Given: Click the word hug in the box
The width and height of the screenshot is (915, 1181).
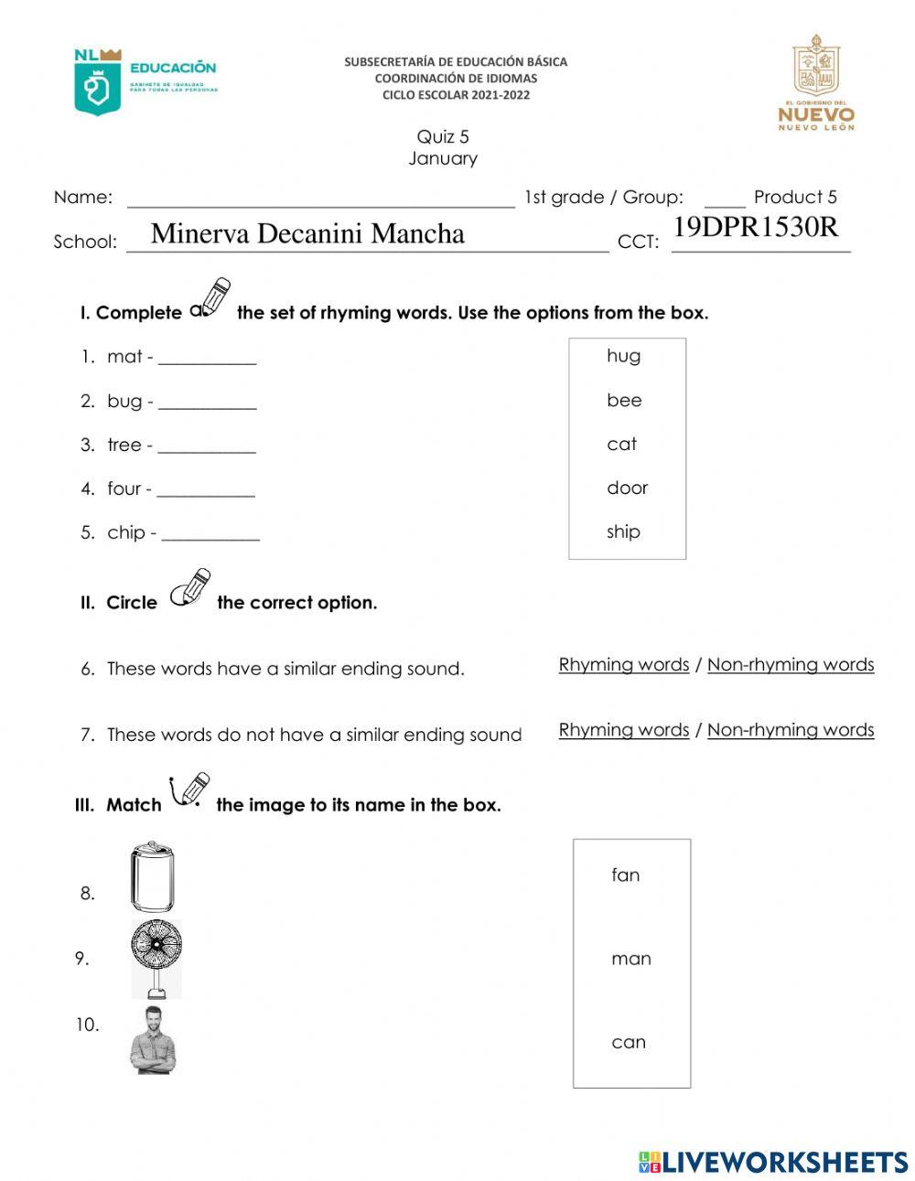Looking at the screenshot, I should click(x=623, y=356).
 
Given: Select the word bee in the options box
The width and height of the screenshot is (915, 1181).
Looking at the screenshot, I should click(x=624, y=400).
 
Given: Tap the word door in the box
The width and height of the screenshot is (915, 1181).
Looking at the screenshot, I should click(x=627, y=488).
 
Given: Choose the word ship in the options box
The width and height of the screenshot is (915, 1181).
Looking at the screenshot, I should click(x=623, y=531).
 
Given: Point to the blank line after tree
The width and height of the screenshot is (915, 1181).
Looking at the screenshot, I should click(x=207, y=446).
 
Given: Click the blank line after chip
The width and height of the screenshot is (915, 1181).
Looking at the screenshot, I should click(x=210, y=533).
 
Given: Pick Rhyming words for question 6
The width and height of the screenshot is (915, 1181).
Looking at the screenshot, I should click(x=623, y=665).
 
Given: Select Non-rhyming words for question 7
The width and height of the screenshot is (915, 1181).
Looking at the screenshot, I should click(x=790, y=730).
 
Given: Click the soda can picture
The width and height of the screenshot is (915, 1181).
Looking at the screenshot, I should click(x=151, y=877).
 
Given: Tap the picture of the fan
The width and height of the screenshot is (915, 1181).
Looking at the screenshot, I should click(x=156, y=958).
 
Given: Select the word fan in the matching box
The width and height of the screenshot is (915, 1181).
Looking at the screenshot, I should click(x=626, y=875).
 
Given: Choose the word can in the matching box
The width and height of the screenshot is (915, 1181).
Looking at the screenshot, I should click(x=629, y=1042).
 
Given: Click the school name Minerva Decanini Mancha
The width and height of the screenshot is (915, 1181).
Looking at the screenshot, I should click(x=307, y=233).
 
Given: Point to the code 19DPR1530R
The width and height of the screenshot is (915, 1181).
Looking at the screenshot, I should click(x=755, y=227).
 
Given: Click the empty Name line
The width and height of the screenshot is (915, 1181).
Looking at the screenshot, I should click(x=320, y=199).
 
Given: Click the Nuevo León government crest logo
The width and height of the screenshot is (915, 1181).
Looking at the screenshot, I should click(x=815, y=82).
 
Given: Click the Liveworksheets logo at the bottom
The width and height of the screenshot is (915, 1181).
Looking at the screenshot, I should click(x=773, y=1162).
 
